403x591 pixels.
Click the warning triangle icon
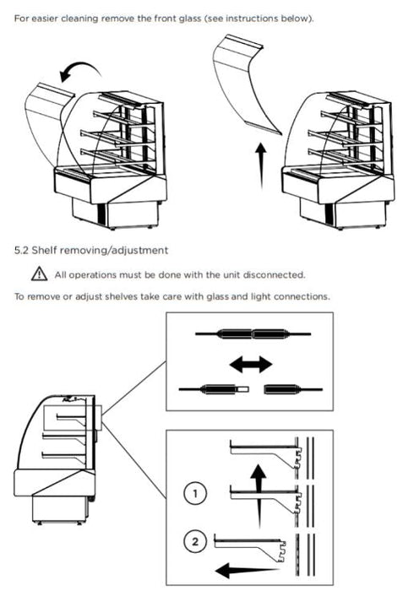point(39,274)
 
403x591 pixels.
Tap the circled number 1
point(195,493)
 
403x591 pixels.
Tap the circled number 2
point(195,542)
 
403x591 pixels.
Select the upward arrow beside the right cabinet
point(260,165)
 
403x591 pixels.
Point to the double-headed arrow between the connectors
point(251,365)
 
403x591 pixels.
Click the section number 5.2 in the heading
point(21,250)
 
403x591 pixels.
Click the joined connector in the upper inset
point(253,333)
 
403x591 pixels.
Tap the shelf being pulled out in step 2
point(249,546)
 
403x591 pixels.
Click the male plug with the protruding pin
point(214,389)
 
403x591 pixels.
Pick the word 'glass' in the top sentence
point(190,19)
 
